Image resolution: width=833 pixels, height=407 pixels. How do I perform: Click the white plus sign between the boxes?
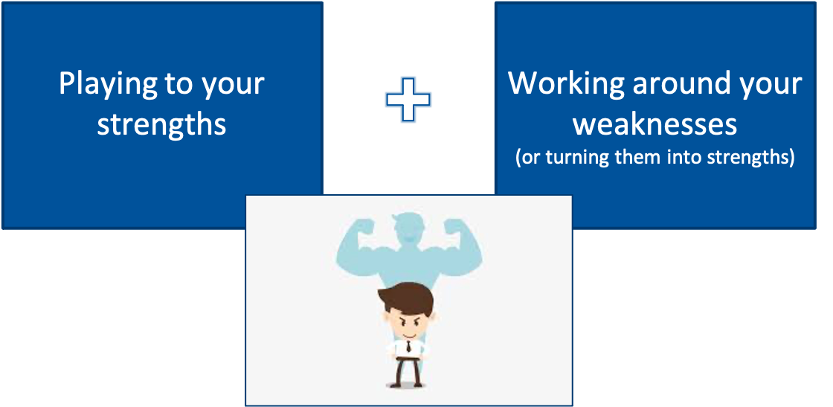click(408, 100)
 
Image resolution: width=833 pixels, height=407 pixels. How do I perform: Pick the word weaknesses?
click(655, 124)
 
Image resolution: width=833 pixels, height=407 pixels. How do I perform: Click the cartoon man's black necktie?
click(408, 347)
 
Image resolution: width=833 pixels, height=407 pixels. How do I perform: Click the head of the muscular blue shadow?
click(408, 228)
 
